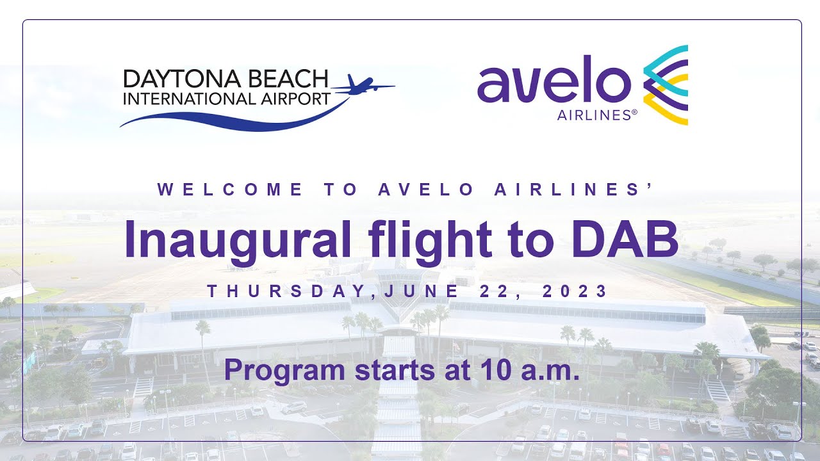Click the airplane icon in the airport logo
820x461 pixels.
click(363, 86)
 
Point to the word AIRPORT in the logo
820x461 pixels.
click(294, 99)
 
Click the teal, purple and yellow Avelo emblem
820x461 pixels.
click(666, 85)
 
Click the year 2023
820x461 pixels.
click(575, 292)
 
